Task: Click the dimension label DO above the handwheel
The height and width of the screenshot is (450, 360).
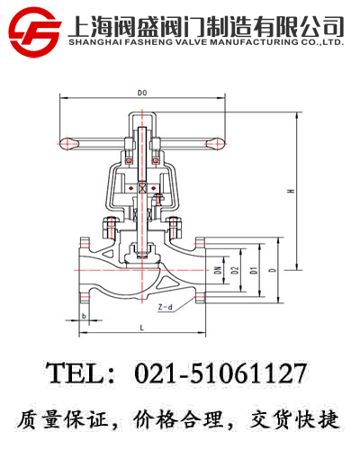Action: pos(142,93)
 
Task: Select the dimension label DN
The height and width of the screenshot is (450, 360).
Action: pos(217,270)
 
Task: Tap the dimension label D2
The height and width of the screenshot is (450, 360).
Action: pos(234,270)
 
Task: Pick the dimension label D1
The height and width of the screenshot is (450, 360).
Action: pos(254,270)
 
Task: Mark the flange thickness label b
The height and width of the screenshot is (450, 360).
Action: pos(84,316)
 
